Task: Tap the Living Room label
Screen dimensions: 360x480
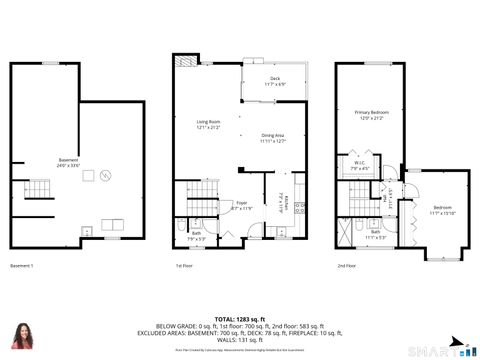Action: pos(208,125)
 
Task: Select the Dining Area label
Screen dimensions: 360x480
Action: pos(273,138)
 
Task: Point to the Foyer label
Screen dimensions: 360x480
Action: pos(241,206)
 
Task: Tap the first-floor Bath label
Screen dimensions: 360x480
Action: pos(197,236)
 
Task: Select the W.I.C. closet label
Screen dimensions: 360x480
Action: pos(361,165)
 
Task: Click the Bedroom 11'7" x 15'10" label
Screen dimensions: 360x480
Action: pos(441,210)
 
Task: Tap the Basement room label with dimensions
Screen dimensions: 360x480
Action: pos(68,163)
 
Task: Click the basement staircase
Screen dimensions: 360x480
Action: pos(36,189)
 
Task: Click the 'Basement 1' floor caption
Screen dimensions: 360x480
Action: pos(22,265)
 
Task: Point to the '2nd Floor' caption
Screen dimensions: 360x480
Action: pos(348,265)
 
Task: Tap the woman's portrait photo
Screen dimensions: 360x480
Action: pos(21,336)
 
